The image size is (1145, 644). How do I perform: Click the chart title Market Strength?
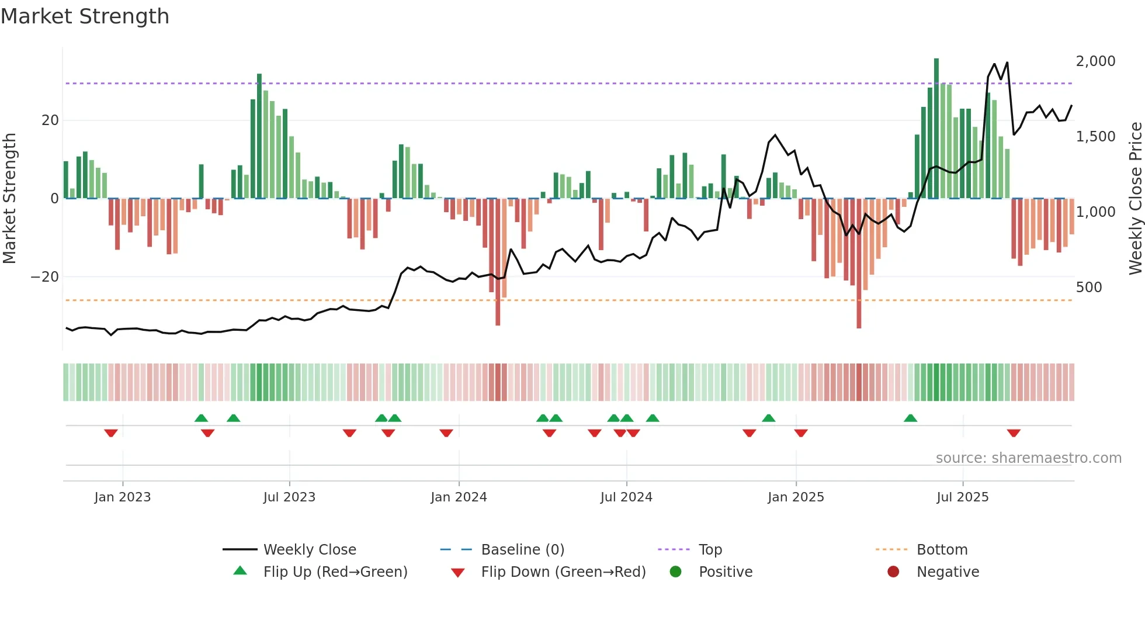(85, 16)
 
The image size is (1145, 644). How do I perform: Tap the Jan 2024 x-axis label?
(459, 497)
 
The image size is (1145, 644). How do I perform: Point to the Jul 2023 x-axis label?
(289, 497)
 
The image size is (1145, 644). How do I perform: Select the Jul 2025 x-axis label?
(962, 497)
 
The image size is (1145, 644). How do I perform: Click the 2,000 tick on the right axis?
(1095, 61)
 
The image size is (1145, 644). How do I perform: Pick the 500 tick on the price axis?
(1089, 288)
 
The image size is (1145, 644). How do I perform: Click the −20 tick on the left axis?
(45, 277)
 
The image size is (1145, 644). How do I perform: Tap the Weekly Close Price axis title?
(1135, 199)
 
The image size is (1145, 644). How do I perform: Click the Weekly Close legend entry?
(310, 550)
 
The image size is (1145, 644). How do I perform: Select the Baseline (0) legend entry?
(522, 550)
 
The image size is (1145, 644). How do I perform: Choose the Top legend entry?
(710, 550)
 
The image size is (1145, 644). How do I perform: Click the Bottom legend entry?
(942, 550)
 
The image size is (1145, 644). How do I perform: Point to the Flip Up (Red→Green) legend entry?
(335, 572)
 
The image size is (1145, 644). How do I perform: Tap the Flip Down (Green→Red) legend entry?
(563, 572)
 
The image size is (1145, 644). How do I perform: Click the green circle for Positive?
(676, 572)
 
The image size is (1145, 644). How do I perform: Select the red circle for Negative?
(893, 572)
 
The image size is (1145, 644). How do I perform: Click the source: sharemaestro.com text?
(1028, 458)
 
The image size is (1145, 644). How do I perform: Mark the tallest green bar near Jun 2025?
(936, 129)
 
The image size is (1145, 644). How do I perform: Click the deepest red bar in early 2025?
(859, 263)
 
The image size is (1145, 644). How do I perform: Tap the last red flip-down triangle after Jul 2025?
(1014, 433)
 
